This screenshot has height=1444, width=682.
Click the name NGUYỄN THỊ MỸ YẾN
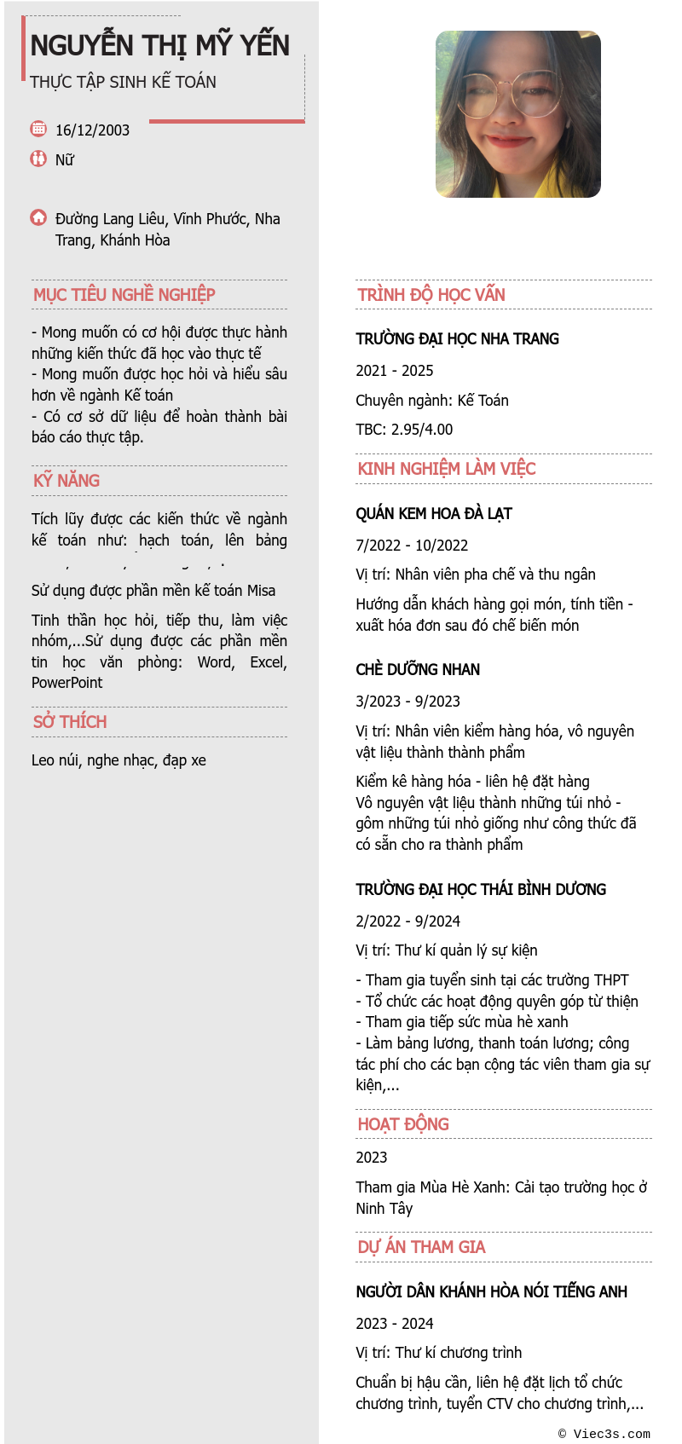pyautogui.click(x=160, y=45)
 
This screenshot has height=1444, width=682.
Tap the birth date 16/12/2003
pyautogui.click(x=92, y=130)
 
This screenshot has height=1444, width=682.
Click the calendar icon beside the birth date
pyautogui.click(x=38, y=129)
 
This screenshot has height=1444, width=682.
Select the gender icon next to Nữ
pyautogui.click(x=38, y=159)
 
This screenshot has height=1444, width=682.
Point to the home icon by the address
pyautogui.click(x=38, y=217)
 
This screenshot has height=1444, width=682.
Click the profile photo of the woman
pyautogui.click(x=517, y=114)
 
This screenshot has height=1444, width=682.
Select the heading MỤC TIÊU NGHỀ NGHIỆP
pyautogui.click(x=124, y=295)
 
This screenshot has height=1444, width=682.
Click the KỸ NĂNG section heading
pyautogui.click(x=66, y=481)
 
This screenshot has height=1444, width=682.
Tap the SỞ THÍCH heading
pyautogui.click(x=70, y=722)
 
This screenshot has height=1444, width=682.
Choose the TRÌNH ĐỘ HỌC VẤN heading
pyautogui.click(x=431, y=295)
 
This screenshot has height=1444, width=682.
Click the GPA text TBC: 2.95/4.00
pyautogui.click(x=404, y=430)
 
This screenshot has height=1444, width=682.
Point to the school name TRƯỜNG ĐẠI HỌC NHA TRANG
pyautogui.click(x=457, y=339)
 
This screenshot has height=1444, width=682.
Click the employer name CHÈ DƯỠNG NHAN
pyautogui.click(x=418, y=670)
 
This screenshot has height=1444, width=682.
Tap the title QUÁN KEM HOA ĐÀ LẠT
pyautogui.click(x=433, y=514)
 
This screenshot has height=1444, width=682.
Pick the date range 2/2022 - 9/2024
pyautogui.click(x=407, y=921)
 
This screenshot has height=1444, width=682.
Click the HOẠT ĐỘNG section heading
pyautogui.click(x=403, y=1124)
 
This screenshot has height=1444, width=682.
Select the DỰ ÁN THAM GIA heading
pyautogui.click(x=421, y=1247)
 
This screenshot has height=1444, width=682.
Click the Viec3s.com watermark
pyautogui.click(x=604, y=1434)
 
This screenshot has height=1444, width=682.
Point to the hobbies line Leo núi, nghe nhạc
pyautogui.click(x=118, y=760)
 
